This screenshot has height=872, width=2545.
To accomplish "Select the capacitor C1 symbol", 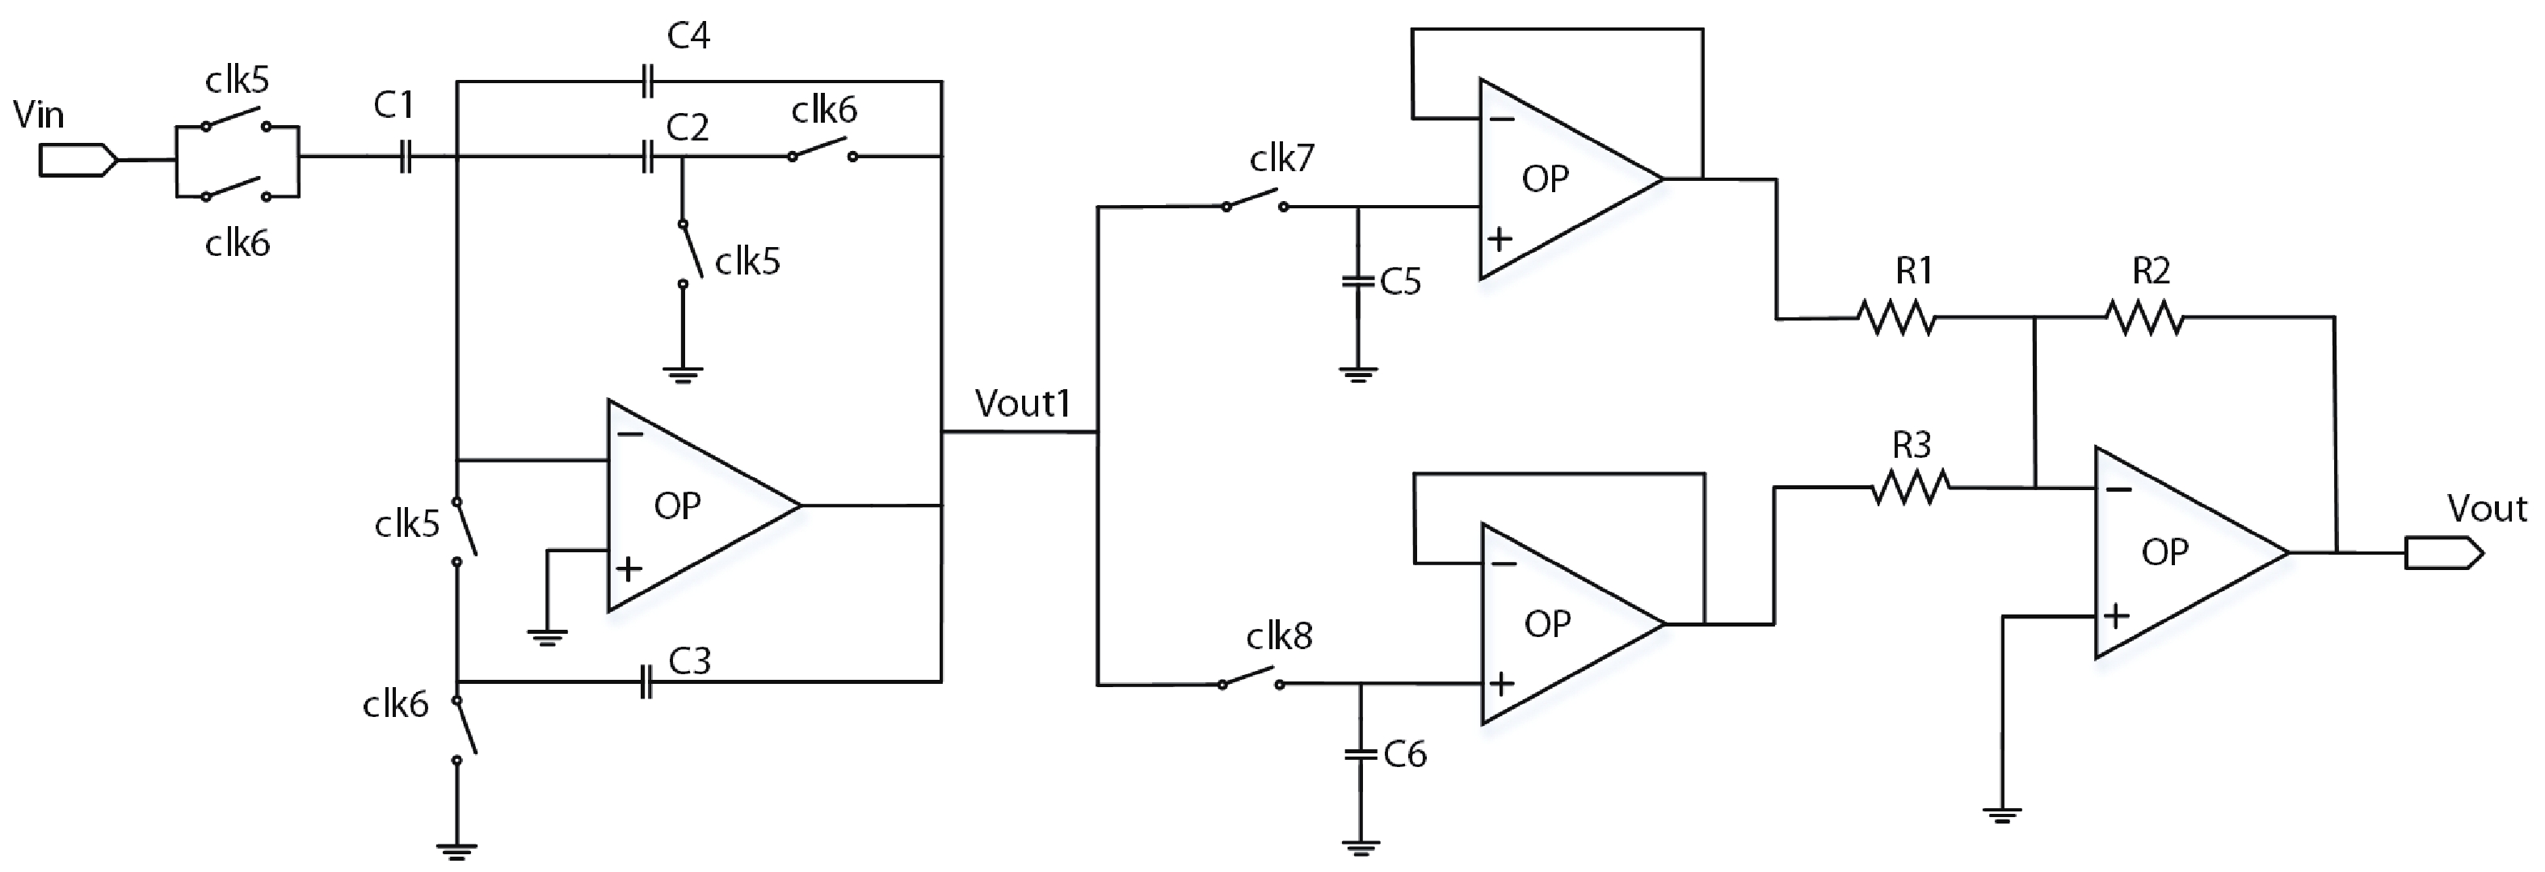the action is click(x=404, y=156).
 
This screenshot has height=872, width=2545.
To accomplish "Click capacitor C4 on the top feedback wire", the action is click(x=647, y=81).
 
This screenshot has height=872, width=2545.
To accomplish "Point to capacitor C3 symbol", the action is click(x=646, y=681).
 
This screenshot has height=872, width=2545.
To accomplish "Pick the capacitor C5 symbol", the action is click(x=1358, y=282).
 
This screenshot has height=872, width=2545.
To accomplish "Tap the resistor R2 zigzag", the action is click(x=2144, y=318).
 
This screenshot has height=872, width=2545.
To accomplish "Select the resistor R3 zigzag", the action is click(x=1911, y=487).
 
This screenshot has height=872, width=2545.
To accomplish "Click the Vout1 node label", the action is click(x=1023, y=404).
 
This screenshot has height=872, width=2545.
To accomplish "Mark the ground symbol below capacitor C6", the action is click(x=1361, y=847).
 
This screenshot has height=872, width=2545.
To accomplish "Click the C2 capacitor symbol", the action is click(x=647, y=156).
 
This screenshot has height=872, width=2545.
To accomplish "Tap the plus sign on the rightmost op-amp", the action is click(x=2115, y=617).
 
